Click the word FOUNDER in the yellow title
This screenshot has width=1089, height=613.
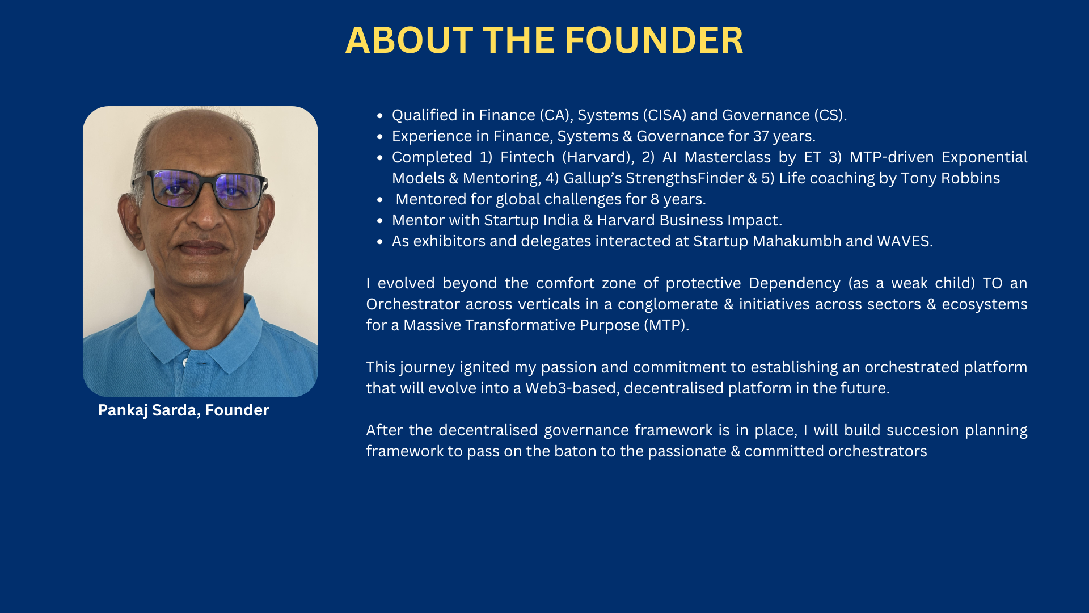point(654,40)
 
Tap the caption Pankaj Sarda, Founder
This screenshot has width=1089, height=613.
point(183,410)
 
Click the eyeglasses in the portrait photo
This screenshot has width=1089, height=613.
point(200,189)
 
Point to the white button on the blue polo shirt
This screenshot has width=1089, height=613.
point(185,362)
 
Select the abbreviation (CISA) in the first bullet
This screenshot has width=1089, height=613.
point(664,115)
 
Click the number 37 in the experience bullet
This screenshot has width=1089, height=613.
point(761,136)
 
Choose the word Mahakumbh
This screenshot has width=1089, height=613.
point(797,241)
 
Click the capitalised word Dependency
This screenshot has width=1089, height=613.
point(795,283)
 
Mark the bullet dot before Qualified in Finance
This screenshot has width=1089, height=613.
point(380,116)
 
